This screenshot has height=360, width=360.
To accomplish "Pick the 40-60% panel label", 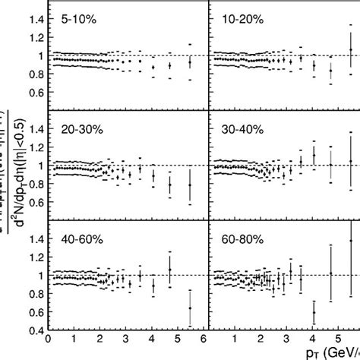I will point(80,239).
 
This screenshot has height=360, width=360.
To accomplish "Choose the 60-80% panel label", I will point(241,239).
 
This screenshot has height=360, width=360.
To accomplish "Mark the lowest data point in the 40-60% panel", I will point(190,308).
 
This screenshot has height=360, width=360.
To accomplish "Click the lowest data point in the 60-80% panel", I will point(314,311).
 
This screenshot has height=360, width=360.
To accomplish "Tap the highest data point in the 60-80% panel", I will point(351,240).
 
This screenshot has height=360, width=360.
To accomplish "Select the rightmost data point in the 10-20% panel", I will point(351,50).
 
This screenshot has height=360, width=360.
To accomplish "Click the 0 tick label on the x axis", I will point(49,341).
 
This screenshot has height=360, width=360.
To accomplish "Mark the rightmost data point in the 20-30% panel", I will point(190,184).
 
